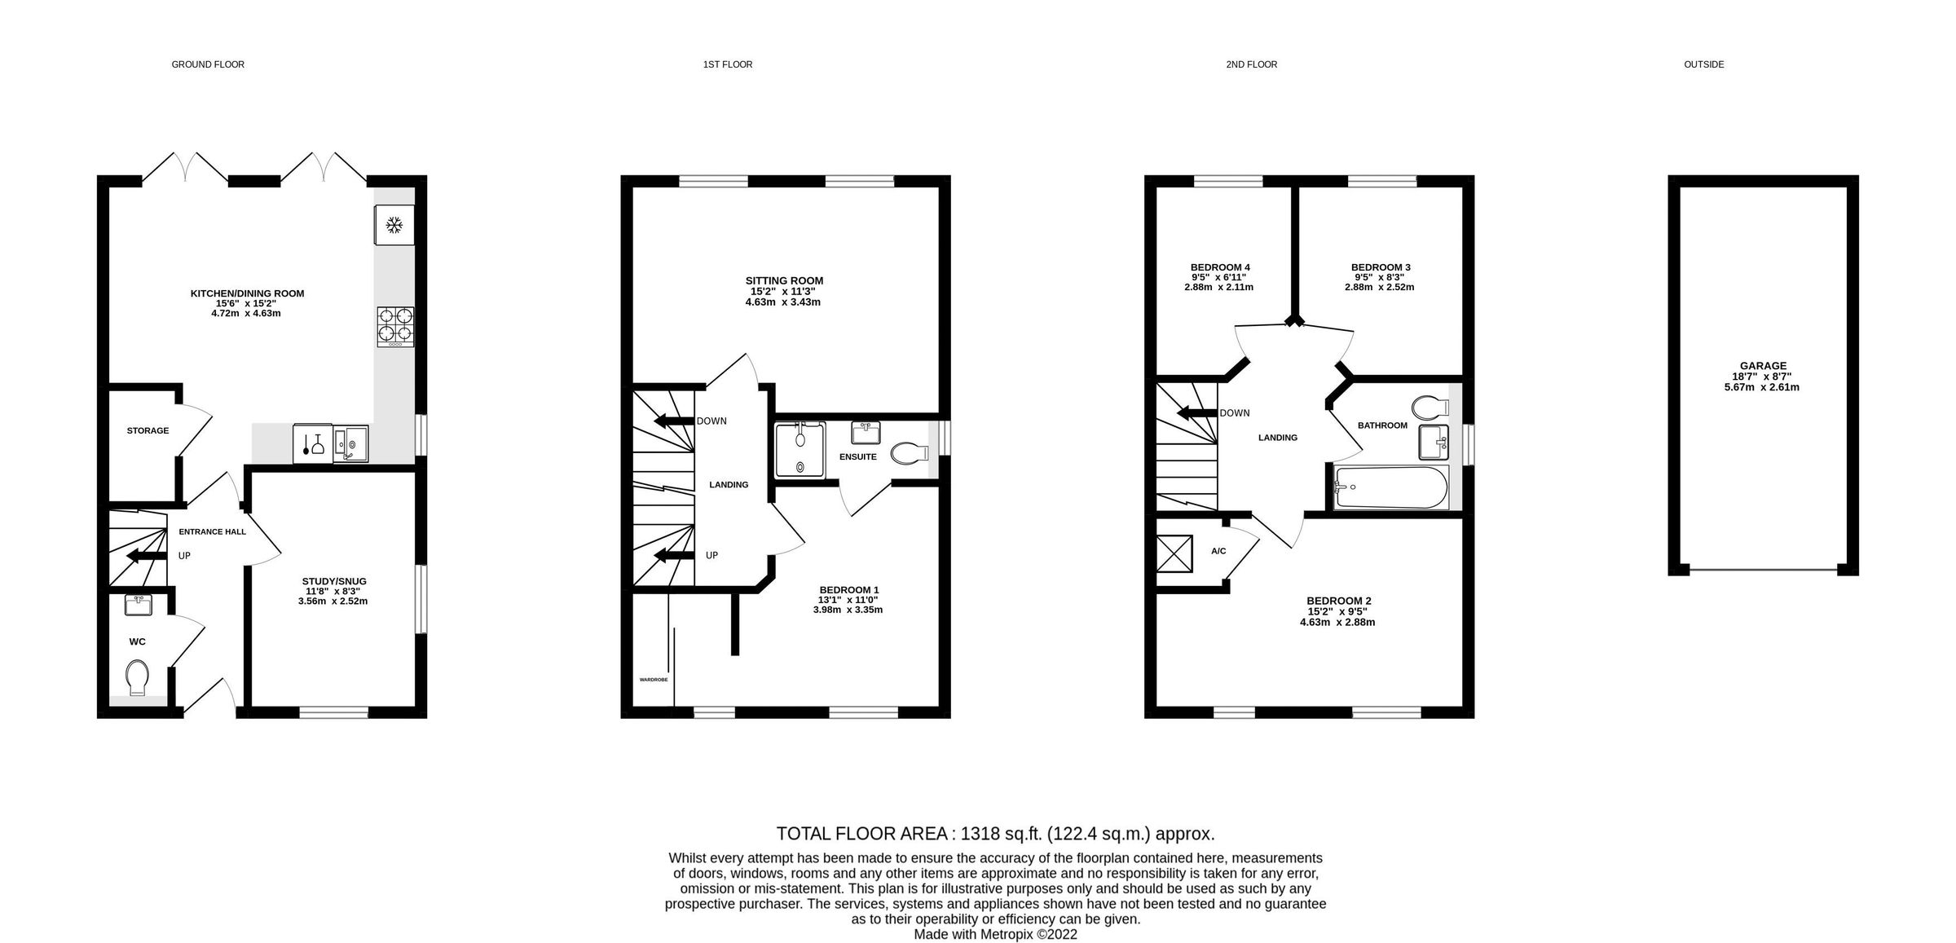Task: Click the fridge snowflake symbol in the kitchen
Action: click(x=394, y=225)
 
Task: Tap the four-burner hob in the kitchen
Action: click(x=395, y=327)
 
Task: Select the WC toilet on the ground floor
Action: click(x=138, y=677)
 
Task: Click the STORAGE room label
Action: click(x=148, y=430)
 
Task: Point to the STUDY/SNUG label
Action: click(x=332, y=581)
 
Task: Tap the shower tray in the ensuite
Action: click(x=800, y=450)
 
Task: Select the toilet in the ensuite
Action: click(x=909, y=453)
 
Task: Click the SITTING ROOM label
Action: click(x=784, y=280)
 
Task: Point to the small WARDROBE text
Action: click(x=654, y=679)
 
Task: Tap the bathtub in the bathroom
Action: click(x=1390, y=487)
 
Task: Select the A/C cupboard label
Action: click(x=1218, y=551)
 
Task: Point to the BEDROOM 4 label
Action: click(x=1220, y=267)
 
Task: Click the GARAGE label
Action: click(x=1763, y=366)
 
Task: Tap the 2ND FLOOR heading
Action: click(x=1251, y=64)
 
